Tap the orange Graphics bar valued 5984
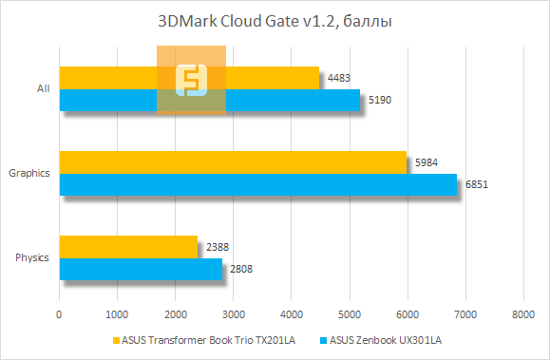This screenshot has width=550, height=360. coord(233,162)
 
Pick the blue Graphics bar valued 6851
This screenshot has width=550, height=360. coord(257,184)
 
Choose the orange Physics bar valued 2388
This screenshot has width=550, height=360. coord(128,247)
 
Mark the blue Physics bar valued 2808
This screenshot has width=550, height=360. coord(141,270)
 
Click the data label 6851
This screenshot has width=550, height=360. coord(476,185)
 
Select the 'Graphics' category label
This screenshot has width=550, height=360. coord(28,174)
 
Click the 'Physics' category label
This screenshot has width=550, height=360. coord(32,258)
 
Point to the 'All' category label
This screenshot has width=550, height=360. coord(43,88)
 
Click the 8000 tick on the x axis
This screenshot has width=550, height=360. coord(522,314)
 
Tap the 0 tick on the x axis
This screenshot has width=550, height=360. coord(60,314)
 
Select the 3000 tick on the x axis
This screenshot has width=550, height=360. coord(233,314)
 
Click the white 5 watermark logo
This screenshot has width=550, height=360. coord(191,80)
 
